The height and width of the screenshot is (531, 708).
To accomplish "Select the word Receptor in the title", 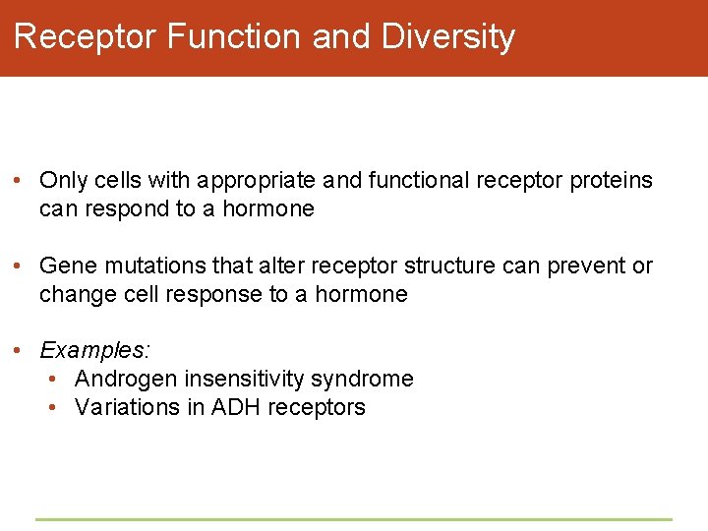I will coord(86,36).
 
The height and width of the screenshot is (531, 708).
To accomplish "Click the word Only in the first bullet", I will coord(60,181).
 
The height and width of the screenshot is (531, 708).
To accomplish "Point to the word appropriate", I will coord(256,181).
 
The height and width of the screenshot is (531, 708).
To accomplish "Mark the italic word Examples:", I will coord(94,350).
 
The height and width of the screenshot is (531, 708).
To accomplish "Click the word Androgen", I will coord(119,379).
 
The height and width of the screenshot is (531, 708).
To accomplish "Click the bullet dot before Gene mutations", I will coord(21,266).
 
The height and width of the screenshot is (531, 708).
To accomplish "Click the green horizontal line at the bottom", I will coord(354,519).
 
